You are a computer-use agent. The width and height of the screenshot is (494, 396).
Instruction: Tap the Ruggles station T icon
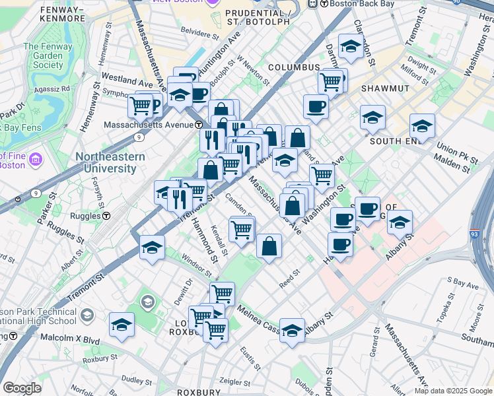(106, 216)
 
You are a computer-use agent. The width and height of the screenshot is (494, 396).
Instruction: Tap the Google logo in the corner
(22, 388)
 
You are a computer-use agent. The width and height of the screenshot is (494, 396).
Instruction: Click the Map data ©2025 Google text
(446, 391)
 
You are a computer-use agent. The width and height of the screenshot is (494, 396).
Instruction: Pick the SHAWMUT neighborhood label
(385, 88)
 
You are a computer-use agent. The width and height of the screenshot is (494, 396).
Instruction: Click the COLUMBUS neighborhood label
(294, 67)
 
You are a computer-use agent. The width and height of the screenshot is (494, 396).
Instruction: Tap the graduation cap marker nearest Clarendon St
(350, 46)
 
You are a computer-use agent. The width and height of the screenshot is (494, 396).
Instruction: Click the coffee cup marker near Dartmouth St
(316, 106)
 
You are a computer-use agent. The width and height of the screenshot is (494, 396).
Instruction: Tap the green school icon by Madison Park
(148, 303)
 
